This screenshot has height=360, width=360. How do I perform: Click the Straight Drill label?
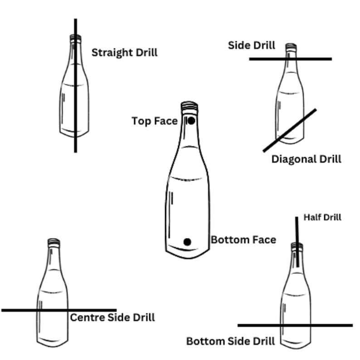pos(124,53)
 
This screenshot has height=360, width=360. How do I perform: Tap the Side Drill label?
pos(251,45)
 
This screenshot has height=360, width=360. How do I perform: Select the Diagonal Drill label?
pos(306,159)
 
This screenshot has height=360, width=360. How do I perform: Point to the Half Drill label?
pos(322,218)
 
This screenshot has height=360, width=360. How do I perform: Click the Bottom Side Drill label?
pos(230,341)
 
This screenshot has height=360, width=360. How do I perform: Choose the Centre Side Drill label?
pos(112,317)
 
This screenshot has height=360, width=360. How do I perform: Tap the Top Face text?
pos(154,121)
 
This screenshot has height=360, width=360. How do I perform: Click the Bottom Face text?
pos(243,239)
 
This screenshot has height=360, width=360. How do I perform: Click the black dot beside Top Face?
pos(191,121)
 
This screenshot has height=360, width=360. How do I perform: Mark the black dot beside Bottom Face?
pos(187,242)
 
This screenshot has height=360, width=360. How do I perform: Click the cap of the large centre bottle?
pos(189,107)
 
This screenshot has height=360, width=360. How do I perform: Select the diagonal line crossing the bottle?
pos(290,130)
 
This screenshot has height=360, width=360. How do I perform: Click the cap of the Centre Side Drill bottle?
pos(54,242)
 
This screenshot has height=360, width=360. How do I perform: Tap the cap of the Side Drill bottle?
pos(290,46)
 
